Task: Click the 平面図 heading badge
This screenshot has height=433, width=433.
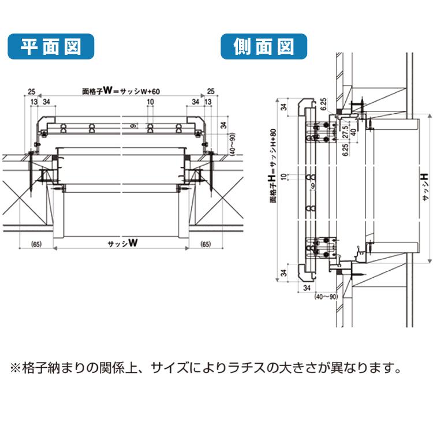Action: coord(50,46)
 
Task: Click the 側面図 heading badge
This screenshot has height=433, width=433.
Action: coord(264,46)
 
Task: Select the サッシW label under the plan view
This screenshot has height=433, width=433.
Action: coord(122,244)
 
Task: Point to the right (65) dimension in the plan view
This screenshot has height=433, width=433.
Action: coord(206,244)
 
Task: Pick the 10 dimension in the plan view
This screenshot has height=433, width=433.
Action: coord(150,102)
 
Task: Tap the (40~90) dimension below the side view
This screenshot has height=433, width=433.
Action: coord(326,296)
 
